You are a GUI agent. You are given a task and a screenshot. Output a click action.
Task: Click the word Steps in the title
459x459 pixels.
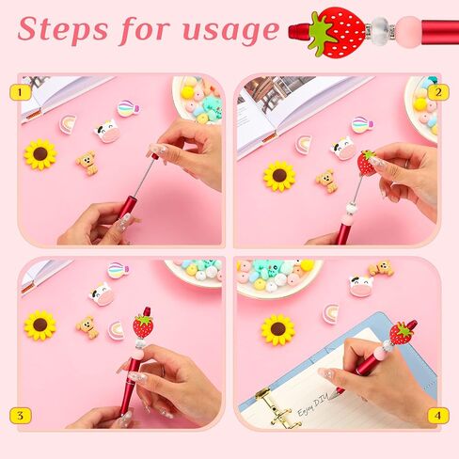[x=63, y=29]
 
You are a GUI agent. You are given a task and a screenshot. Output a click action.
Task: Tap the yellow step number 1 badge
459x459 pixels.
[x=21, y=92]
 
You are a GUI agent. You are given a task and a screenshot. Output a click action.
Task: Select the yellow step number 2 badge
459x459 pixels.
[x=438, y=92]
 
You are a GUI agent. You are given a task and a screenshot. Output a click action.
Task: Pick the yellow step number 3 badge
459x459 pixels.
[x=21, y=416]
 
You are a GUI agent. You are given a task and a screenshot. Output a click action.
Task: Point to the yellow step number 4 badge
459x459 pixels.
[x=438, y=416]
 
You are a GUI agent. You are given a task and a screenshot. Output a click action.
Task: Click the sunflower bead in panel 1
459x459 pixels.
[x=40, y=154]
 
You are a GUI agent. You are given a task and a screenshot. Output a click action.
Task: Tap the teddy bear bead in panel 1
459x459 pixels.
[x=87, y=164]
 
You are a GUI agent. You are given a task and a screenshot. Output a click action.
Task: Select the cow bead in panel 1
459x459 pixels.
[x=107, y=131]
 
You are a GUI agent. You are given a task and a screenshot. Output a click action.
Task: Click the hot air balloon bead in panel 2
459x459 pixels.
[x=362, y=124]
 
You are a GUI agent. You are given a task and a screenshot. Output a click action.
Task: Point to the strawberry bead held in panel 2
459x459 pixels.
[x=366, y=162]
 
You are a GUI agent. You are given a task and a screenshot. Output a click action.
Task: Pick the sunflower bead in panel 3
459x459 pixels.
[x=40, y=325]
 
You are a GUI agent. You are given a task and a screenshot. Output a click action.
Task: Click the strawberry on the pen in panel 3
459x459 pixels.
[x=144, y=326]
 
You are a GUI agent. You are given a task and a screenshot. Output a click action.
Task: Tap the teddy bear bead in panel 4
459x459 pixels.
[x=381, y=268]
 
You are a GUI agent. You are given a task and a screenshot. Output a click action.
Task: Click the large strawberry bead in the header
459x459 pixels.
[x=337, y=32]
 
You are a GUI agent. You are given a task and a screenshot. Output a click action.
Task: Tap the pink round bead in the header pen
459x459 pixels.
[x=409, y=32]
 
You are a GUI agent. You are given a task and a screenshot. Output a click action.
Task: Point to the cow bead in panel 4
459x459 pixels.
[x=362, y=286]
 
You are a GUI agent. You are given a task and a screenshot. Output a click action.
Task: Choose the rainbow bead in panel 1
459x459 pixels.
[x=69, y=124]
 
